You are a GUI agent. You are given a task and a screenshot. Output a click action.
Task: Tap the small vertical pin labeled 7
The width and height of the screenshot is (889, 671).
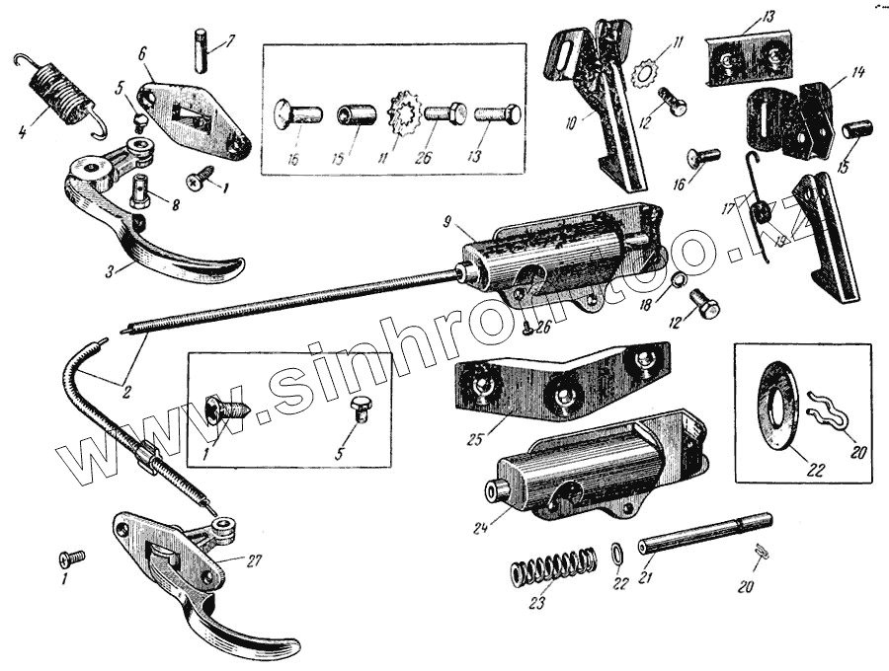[202, 50]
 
